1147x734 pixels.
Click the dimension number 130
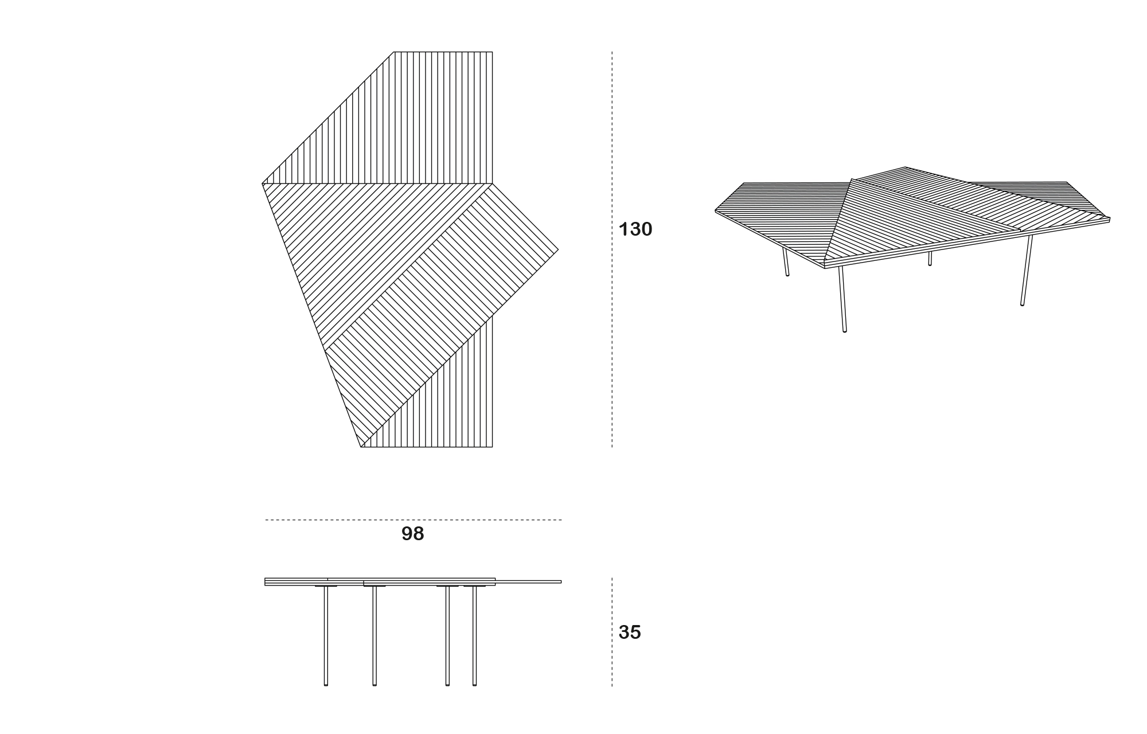pos(635,229)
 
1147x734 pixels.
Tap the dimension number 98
pos(413,534)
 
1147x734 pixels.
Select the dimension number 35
pos(630,633)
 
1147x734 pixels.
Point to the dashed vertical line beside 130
pos(612,249)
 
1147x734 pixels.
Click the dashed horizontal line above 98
pos(413,520)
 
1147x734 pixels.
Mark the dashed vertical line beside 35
pos(612,632)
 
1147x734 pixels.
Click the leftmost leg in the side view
pos(326,636)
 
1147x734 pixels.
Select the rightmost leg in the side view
pos(474,636)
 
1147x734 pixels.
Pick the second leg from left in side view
pos(374,636)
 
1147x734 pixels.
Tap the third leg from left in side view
pos(447,636)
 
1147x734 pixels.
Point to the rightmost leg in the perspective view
pos(1027,270)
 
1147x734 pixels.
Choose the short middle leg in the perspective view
pos(930,258)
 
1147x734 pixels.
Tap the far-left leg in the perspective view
pos(786,262)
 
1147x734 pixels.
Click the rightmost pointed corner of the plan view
pos(558,249)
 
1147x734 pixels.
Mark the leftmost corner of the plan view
pos(263,184)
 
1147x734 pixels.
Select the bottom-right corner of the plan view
pos(492,447)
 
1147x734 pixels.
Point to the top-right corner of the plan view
pos(492,52)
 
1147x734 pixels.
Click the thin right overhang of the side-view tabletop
pos(528,581)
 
